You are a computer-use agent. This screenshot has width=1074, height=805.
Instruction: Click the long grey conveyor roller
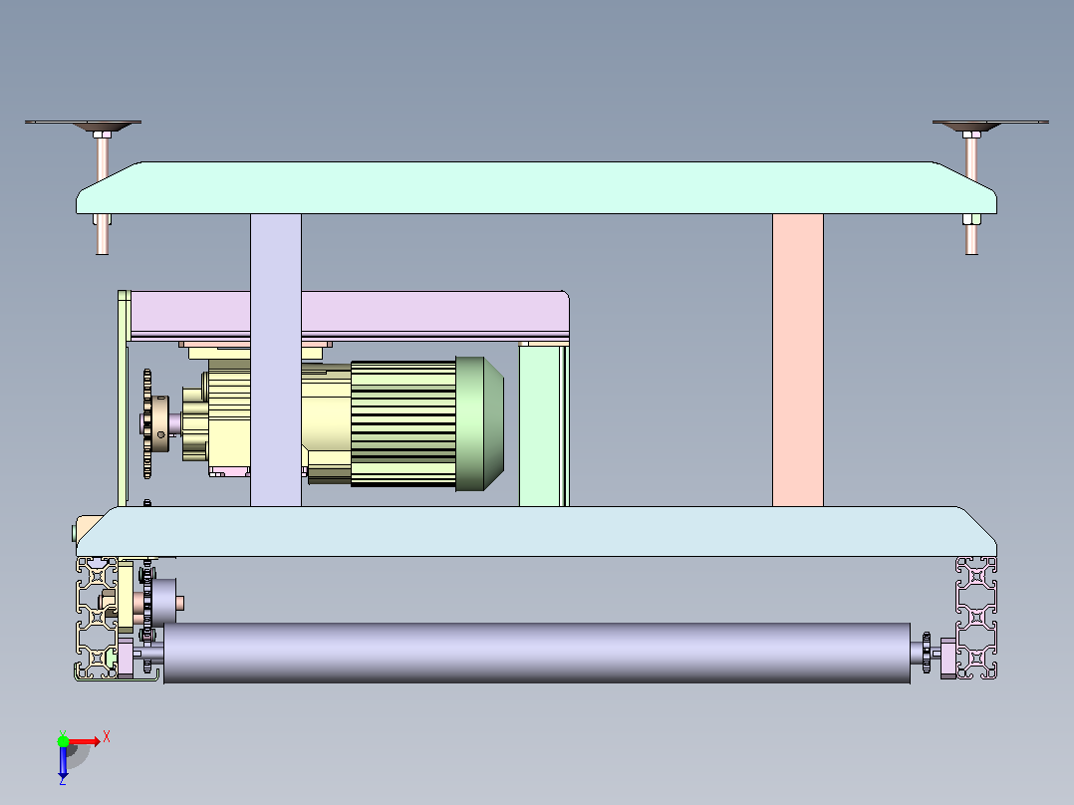click(x=537, y=653)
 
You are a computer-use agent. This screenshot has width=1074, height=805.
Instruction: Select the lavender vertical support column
click(x=275, y=361)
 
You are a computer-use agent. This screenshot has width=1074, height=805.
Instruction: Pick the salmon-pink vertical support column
click(x=798, y=361)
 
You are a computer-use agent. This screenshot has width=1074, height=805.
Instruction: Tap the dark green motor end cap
click(x=479, y=423)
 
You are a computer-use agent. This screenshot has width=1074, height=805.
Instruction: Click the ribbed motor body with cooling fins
click(x=403, y=424)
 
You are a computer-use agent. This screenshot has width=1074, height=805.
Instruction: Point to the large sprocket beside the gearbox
click(x=147, y=423)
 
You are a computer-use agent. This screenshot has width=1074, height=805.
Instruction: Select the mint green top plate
click(x=536, y=187)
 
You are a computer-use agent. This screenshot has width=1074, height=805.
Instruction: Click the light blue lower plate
click(x=536, y=532)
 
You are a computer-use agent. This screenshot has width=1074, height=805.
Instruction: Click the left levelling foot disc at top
click(x=84, y=124)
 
